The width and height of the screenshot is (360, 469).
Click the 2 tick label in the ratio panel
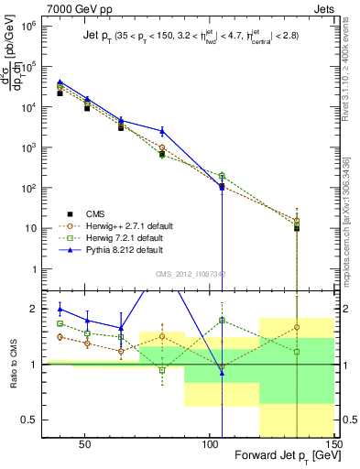pyautogui.click(x=40, y=309)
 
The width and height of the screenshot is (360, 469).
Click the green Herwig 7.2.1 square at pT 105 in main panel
pyautogui.click(x=223, y=175)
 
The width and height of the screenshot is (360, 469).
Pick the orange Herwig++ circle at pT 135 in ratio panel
pyautogui.click(x=297, y=327)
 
